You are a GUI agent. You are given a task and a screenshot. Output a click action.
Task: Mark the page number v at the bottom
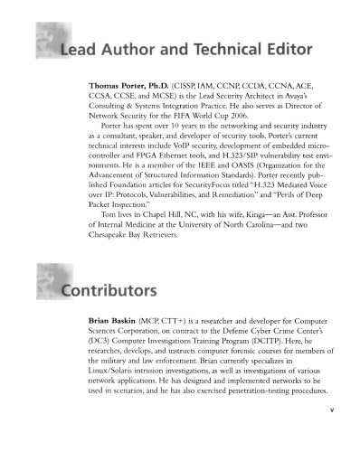[x=333, y=433]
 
